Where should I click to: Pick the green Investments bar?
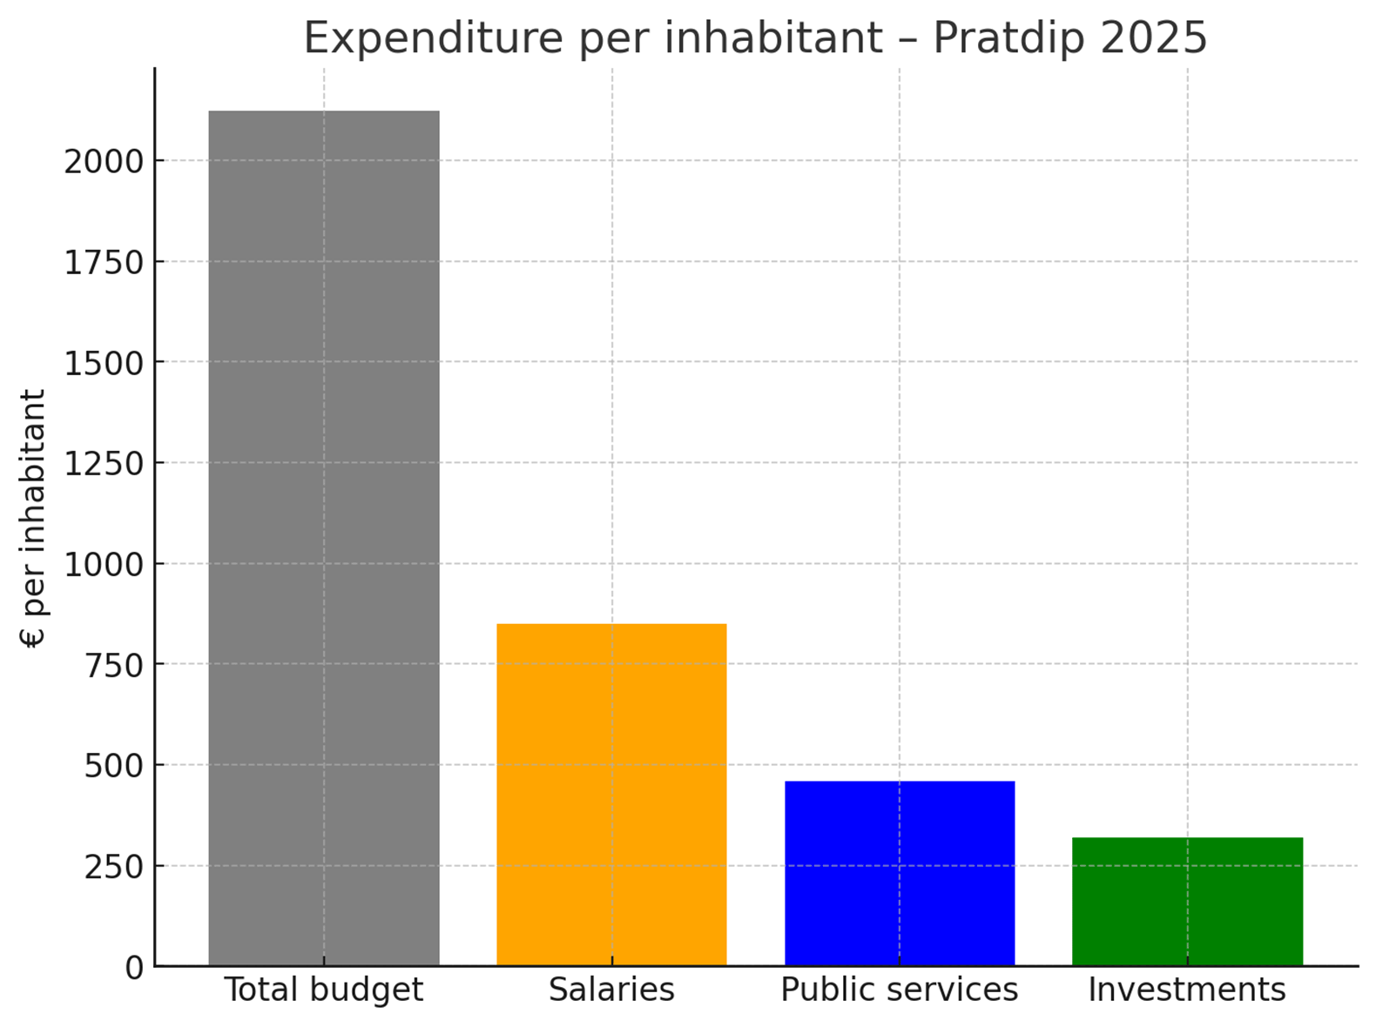(1187, 901)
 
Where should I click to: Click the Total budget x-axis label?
(324, 990)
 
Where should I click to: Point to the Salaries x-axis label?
(611, 990)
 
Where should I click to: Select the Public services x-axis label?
(899, 990)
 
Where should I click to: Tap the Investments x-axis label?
(1187, 990)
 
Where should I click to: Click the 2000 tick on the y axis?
(104, 161)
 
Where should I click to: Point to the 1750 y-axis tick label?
(104, 262)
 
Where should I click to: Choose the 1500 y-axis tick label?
(104, 363)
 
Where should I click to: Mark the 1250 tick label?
(104, 463)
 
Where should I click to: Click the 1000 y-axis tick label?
(104, 564)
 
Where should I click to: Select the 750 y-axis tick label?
(113, 665)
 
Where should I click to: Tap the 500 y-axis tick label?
(113, 766)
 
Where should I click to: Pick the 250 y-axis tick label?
(113, 867)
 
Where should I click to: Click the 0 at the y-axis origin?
(134, 967)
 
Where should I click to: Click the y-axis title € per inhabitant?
(32, 518)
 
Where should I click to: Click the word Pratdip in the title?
(1010, 39)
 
